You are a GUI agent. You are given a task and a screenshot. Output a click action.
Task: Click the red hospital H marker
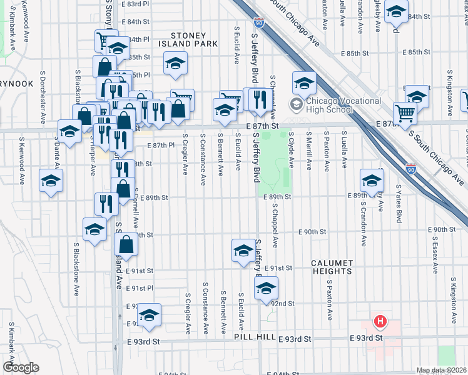pos(379,322)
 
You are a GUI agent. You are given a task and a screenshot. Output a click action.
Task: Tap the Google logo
pos(21,367)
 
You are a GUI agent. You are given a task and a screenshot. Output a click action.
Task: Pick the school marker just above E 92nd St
pos(266,288)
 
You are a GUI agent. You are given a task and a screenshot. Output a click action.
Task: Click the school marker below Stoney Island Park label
pos(175,62)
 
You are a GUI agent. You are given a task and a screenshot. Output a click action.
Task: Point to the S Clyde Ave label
pos(292,150)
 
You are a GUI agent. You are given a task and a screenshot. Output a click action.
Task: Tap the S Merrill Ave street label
pos(309,150)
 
